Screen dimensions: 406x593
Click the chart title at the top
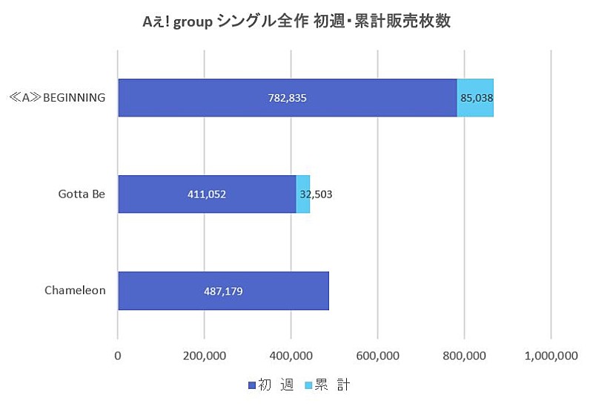coord(296,22)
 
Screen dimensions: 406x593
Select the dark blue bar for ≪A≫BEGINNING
coord(222,98)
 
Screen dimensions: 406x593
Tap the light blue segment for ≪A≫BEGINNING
coord(475,98)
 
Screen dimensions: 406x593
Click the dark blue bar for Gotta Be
coord(163,194)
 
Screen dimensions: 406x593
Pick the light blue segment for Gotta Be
coord(303,194)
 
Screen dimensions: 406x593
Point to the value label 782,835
coord(287,98)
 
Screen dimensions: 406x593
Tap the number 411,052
coord(207,195)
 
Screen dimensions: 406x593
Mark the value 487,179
coord(223,291)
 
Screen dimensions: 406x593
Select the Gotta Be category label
coord(82,194)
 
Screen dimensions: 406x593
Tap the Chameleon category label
coord(76,290)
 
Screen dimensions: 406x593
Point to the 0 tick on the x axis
coord(118,356)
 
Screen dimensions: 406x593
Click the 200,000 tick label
coord(205,356)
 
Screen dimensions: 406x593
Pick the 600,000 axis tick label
coord(378,356)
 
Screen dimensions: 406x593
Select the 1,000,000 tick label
coord(550,356)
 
